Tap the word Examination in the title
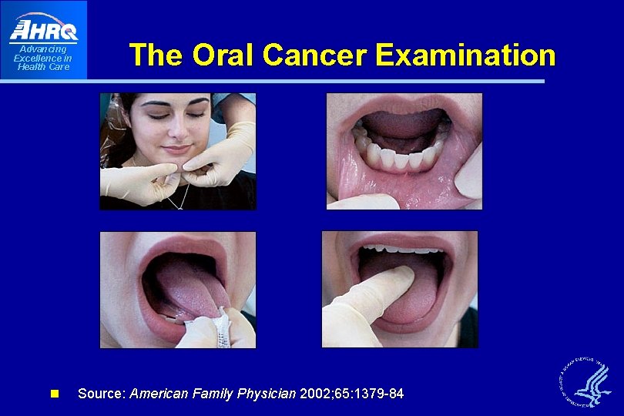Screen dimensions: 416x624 pyautogui.click(x=466, y=55)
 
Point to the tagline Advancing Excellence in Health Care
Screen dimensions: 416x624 pyautogui.click(x=43, y=58)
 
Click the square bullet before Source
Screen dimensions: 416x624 pyautogui.click(x=54, y=394)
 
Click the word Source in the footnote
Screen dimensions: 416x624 pyautogui.click(x=102, y=394)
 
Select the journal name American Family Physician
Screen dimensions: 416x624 pyautogui.click(x=213, y=394)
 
